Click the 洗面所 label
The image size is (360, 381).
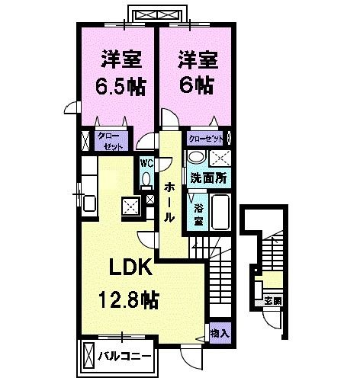point(207,179)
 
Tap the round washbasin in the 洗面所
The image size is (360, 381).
point(196,158)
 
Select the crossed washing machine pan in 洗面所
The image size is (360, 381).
point(222,158)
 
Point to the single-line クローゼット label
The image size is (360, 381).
point(206,139)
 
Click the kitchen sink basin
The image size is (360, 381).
point(87,203)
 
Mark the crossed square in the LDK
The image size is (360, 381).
point(130,205)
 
